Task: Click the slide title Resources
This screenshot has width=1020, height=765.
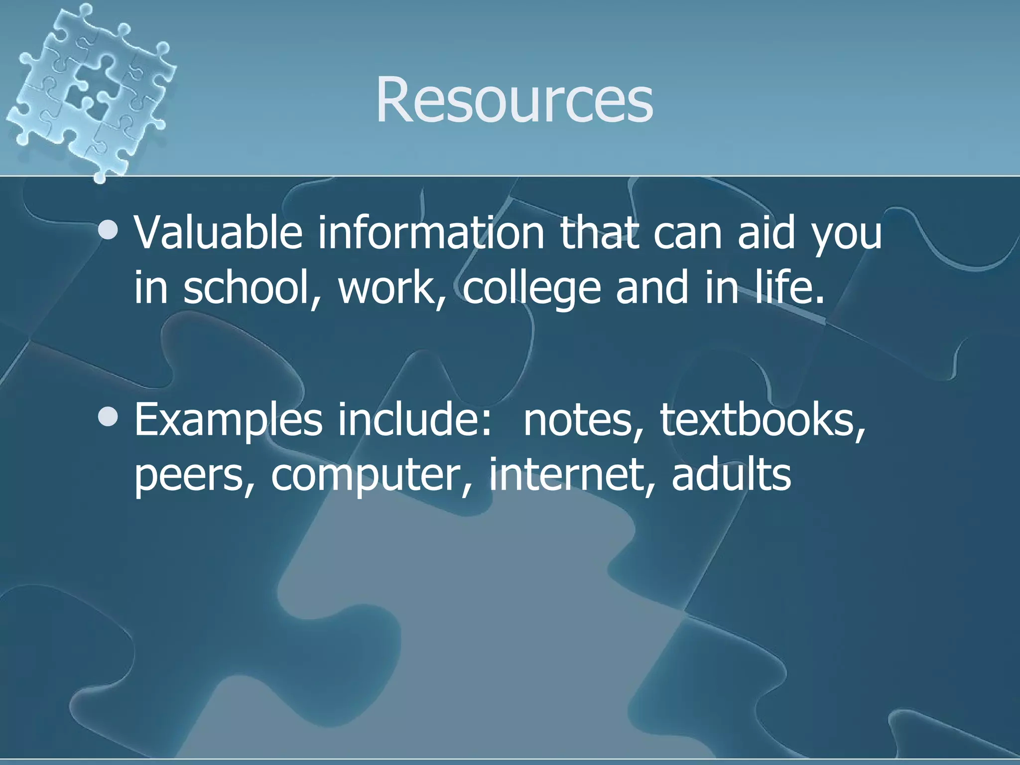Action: [514, 100]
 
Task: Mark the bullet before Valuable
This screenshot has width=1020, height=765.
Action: [108, 231]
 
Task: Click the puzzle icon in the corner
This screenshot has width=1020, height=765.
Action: [92, 90]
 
